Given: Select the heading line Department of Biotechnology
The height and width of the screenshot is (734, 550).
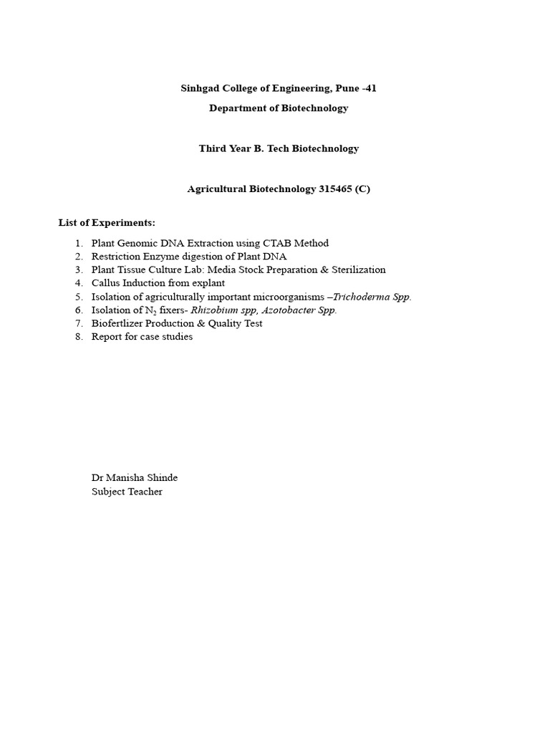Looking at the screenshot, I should (x=279, y=108).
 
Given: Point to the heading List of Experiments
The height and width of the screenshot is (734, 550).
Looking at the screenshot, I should (x=107, y=223).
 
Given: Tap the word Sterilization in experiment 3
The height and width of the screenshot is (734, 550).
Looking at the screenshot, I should (x=358, y=270).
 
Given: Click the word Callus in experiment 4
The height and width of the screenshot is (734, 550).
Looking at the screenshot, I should (x=106, y=283).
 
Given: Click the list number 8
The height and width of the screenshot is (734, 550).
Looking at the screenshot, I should (x=78, y=337).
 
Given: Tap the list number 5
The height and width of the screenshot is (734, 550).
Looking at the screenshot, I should (x=78, y=297).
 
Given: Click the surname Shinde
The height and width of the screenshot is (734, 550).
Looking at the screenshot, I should (x=161, y=478).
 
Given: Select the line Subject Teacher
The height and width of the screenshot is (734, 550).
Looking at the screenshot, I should (x=127, y=492).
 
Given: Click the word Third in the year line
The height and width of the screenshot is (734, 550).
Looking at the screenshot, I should (x=213, y=148).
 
